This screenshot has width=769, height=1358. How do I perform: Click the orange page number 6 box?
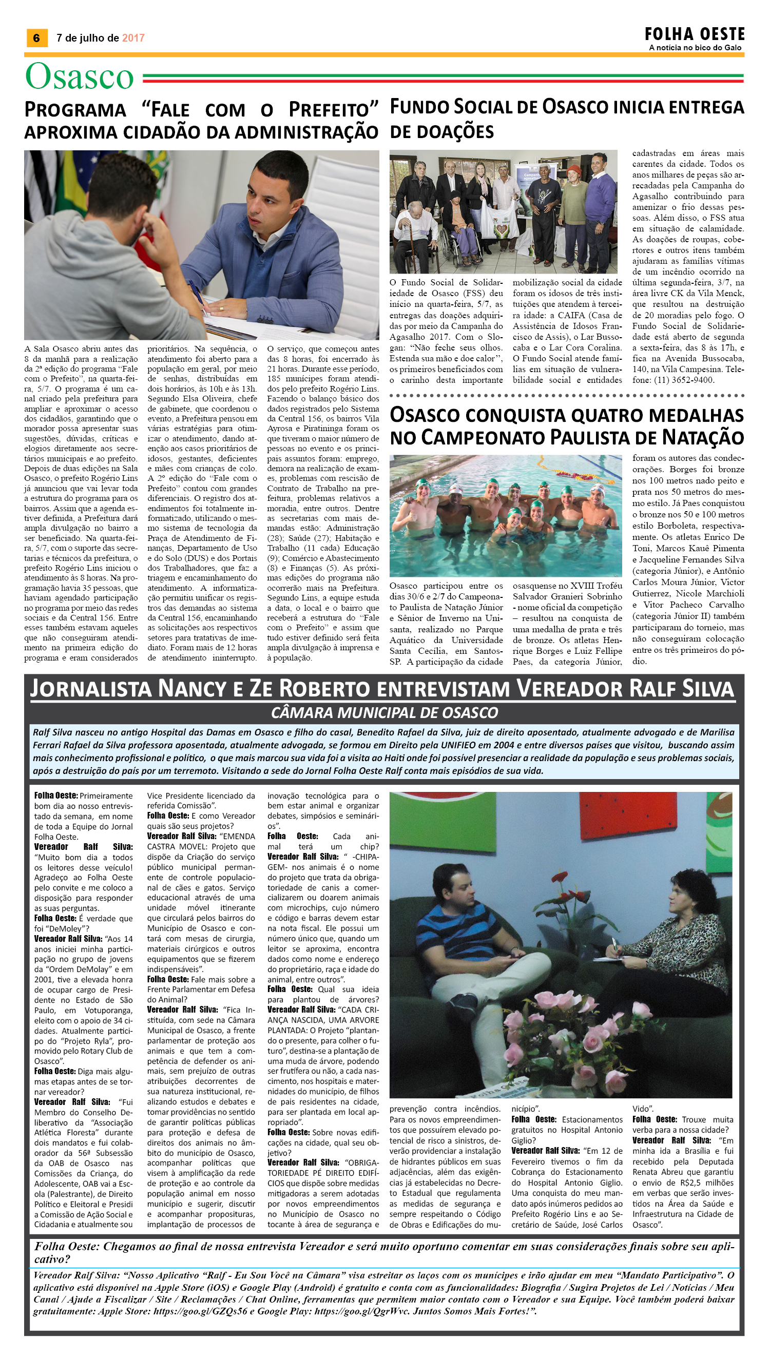pyautogui.click(x=36, y=37)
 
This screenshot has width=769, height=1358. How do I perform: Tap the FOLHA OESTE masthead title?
pyautogui.click(x=694, y=34)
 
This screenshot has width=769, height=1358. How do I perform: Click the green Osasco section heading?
pyautogui.click(x=80, y=76)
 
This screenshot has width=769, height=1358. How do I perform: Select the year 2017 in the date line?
pyautogui.click(x=133, y=38)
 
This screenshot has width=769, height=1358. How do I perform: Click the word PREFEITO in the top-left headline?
pyautogui.click(x=334, y=110)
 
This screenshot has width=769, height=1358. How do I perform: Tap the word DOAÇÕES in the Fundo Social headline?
pyautogui.click(x=442, y=132)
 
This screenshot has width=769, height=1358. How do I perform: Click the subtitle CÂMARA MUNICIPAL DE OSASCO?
pyautogui.click(x=384, y=713)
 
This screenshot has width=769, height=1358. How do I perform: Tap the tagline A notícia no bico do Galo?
pyautogui.click(x=695, y=48)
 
